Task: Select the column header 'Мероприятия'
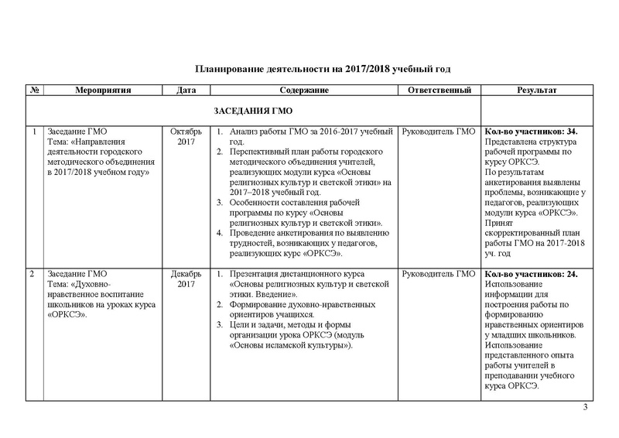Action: [103, 91]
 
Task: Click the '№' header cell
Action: [34, 91]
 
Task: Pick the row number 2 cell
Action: [32, 274]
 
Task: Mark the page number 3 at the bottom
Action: [585, 408]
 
